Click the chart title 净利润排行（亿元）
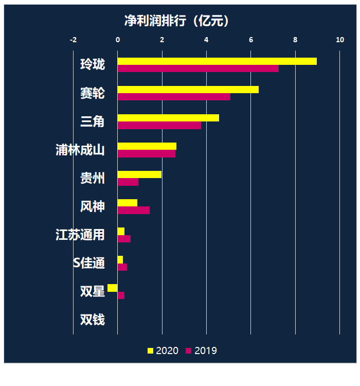176,21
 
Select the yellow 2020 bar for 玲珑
217,61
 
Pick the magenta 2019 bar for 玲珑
198,68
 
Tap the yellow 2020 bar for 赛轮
188,90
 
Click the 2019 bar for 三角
159,125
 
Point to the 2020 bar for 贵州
139,174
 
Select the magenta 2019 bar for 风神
134,210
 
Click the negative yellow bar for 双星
113,288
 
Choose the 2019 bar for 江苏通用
124,239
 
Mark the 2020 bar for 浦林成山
147,146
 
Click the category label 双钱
93,320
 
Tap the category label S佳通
89,263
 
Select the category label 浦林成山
80,150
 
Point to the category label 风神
93,207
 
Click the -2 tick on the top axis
73,40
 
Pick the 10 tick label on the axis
339,40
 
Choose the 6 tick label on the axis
251,40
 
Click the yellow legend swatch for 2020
150,351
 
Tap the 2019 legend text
206,351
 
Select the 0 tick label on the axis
118,40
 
